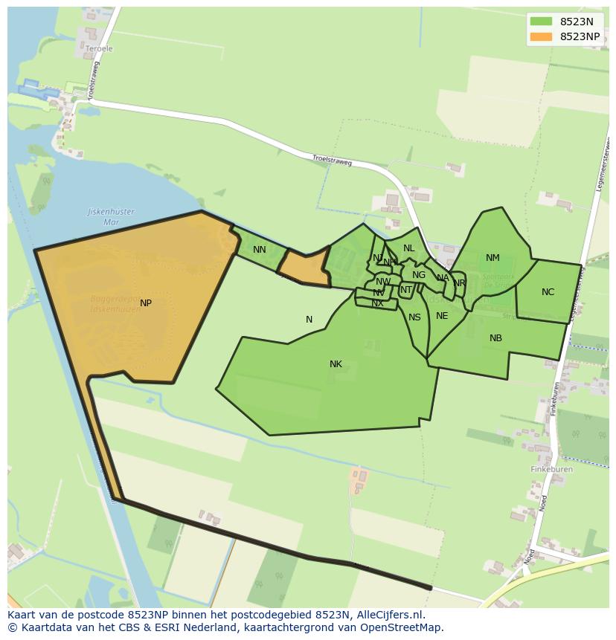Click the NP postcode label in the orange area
pyautogui.click(x=146, y=303)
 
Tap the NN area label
pyautogui.click(x=259, y=250)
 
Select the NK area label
pyautogui.click(x=336, y=364)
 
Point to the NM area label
pyautogui.click(x=493, y=258)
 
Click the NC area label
pyautogui.click(x=548, y=292)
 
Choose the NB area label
pyautogui.click(x=495, y=338)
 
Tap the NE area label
pyautogui.click(x=442, y=316)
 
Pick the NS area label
pyautogui.click(x=414, y=317)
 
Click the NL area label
pyautogui.click(x=408, y=248)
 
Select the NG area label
pyautogui.click(x=419, y=275)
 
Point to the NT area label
pyautogui.click(x=405, y=290)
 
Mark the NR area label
pyautogui.click(x=459, y=283)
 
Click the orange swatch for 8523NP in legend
pyautogui.click(x=541, y=36)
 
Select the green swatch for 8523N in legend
pyautogui.click(x=541, y=22)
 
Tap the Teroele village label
pyautogui.click(x=99, y=49)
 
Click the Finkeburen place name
pyautogui.click(x=551, y=470)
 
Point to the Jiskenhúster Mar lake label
pyautogui.click(x=111, y=216)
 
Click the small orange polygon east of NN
pyautogui.click(x=306, y=268)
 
